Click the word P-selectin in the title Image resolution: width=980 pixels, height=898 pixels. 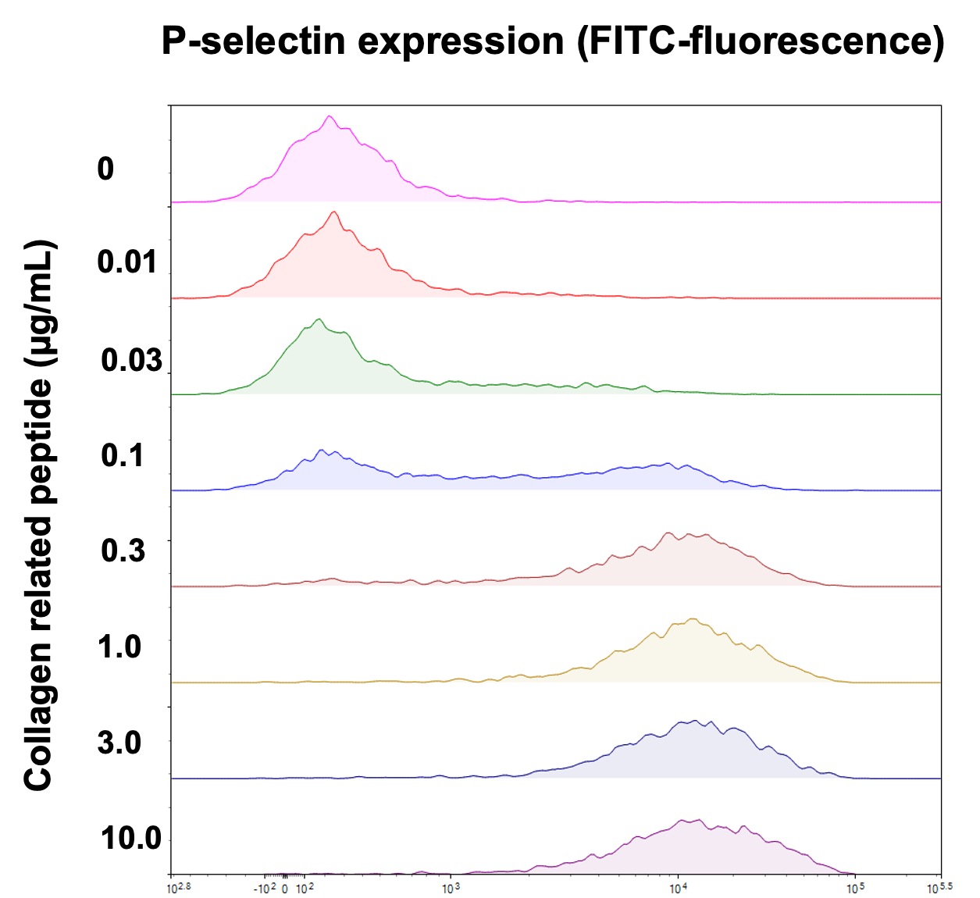255,41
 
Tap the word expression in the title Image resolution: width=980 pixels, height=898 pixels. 461,41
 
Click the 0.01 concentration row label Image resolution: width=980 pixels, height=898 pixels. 127,262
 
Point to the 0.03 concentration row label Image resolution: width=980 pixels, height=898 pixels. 131,360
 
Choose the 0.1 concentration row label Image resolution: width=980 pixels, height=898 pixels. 123,455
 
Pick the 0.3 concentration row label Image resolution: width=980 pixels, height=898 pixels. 123,551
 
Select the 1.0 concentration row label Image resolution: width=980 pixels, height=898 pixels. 119,647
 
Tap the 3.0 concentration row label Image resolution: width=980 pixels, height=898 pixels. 119,743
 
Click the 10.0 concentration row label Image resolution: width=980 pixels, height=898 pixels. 130,839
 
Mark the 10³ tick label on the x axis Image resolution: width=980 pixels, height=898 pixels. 451,888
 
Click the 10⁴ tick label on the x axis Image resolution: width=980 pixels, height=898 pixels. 678,888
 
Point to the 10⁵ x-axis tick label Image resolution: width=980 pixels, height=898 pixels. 855,888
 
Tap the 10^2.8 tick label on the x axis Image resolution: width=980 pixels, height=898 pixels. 179,888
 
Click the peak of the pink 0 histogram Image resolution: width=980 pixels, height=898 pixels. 329,117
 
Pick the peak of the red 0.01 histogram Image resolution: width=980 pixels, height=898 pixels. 334,212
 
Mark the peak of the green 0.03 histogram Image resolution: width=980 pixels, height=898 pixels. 318,319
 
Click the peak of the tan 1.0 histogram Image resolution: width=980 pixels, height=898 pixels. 693,619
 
